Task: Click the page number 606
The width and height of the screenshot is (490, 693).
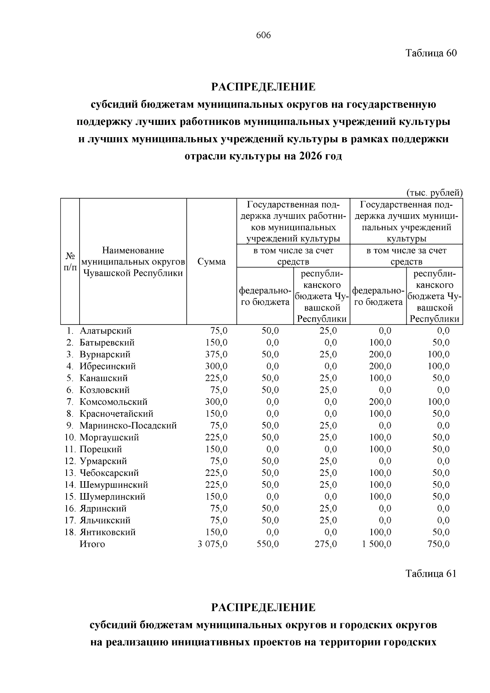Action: click(263, 36)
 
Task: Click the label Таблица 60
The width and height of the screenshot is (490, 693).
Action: click(431, 53)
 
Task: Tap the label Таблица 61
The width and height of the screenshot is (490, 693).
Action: click(431, 573)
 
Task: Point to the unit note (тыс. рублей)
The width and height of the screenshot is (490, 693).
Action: click(434, 193)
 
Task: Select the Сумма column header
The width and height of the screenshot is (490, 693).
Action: click(212, 262)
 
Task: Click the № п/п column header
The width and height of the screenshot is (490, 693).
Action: click(70, 262)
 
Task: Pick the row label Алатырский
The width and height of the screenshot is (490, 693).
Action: click(106, 331)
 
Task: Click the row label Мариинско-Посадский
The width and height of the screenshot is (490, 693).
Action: click(128, 426)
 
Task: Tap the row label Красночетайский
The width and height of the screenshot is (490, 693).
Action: click(116, 414)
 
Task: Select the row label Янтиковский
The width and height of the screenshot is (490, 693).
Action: click(108, 532)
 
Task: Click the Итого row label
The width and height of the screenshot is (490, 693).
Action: click(92, 544)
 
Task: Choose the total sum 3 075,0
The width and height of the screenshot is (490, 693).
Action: click(213, 544)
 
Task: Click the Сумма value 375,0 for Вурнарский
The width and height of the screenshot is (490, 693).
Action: click(216, 354)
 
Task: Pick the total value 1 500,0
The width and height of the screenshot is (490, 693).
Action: click(376, 544)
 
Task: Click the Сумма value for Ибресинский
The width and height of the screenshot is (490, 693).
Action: click(216, 366)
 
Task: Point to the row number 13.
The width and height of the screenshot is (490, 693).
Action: click(70, 473)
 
